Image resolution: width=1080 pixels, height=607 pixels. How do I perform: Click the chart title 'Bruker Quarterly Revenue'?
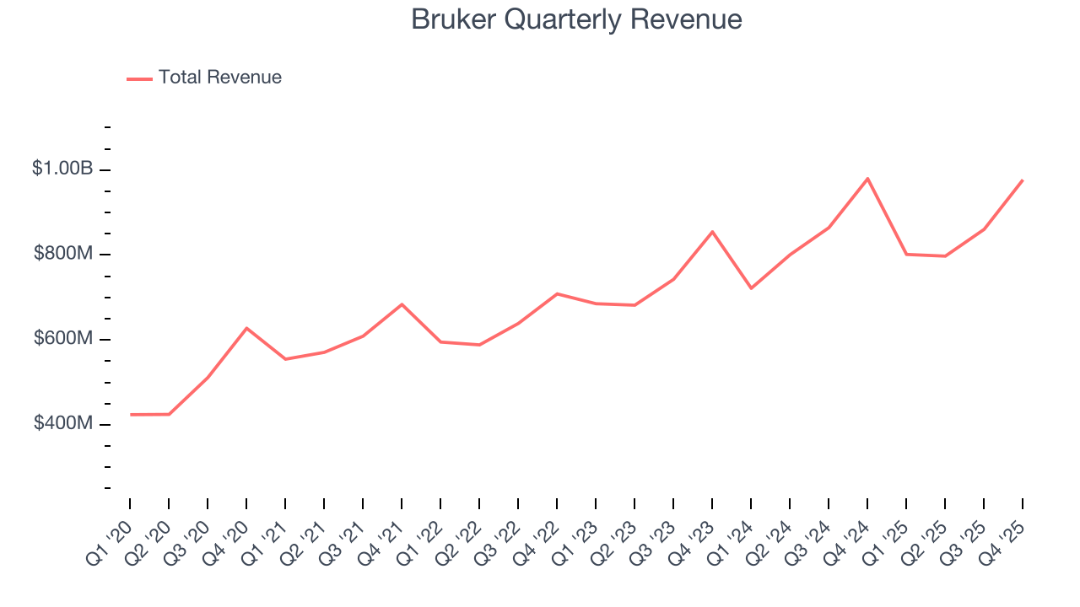tap(576, 19)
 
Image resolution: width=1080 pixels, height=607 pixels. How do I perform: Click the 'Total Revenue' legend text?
tap(219, 78)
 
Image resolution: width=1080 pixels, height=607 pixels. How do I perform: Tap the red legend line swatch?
tap(139, 78)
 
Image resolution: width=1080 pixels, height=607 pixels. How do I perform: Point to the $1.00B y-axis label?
tap(62, 169)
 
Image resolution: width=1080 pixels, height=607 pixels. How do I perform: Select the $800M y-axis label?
tap(62, 254)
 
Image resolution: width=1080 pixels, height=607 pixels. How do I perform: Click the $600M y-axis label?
tap(62, 338)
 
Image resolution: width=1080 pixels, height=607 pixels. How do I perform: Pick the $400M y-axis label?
tap(62, 423)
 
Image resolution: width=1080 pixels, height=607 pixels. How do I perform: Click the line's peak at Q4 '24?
tap(867, 179)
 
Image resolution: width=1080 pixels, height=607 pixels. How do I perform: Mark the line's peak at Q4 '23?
tap(712, 232)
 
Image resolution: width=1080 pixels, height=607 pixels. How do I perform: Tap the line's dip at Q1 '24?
tap(751, 288)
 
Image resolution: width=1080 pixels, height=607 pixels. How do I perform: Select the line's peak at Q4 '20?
tap(246, 328)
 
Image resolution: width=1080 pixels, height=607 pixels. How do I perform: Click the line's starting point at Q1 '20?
tap(131, 415)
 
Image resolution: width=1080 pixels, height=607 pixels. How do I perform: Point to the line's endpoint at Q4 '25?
tap(1023, 180)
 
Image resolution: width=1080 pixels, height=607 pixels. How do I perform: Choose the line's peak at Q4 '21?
tap(402, 304)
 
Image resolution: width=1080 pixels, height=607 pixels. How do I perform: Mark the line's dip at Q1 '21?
tap(285, 359)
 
